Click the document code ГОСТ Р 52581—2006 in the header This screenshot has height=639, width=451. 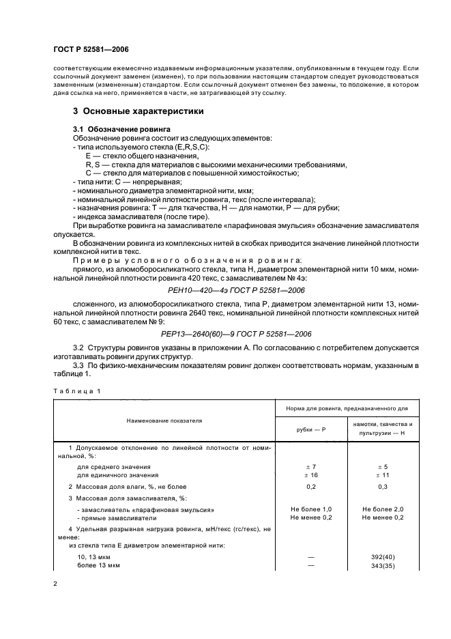(x=91, y=50)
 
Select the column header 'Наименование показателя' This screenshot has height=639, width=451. (x=164, y=421)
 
